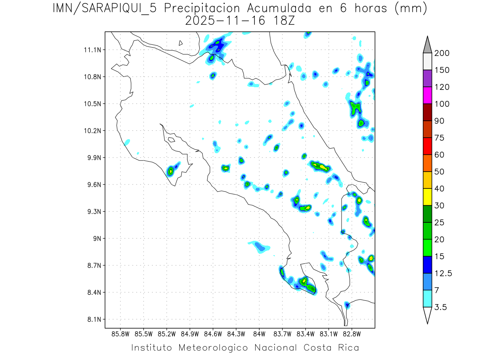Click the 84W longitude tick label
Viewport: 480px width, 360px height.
coord(259,333)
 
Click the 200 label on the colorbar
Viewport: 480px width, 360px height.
coord(442,53)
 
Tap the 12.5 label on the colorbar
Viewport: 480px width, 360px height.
coord(443,273)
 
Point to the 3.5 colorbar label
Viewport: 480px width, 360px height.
coord(441,307)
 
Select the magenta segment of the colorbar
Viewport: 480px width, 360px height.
coord(427,95)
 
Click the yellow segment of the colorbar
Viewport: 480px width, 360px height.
coord(427,197)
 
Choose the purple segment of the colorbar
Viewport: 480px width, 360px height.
coord(427,78)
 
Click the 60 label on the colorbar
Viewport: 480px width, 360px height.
coord(439,155)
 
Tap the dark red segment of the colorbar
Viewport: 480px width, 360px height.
coord(427,112)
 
